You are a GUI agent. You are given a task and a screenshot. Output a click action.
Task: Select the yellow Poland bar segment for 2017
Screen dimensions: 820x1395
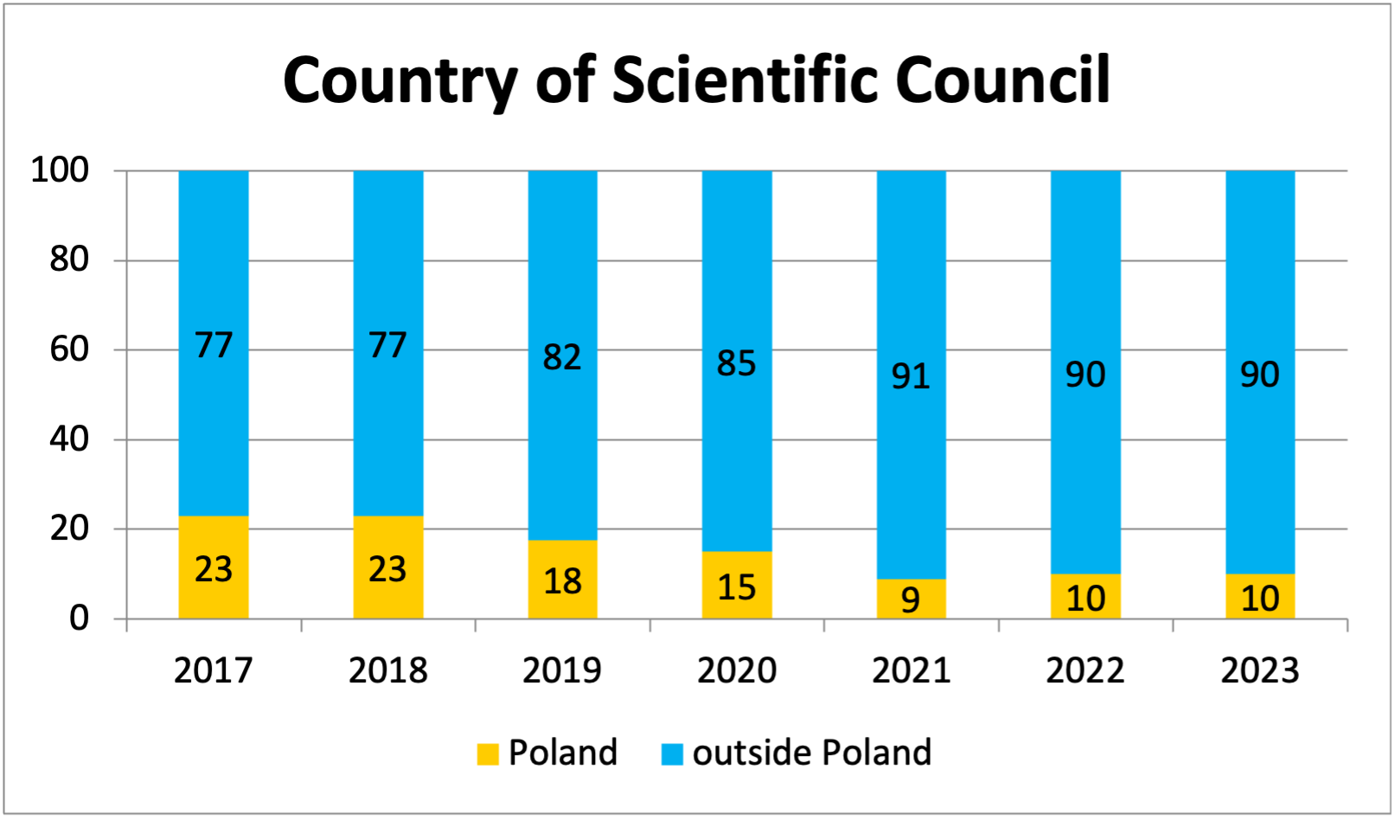click(214, 545)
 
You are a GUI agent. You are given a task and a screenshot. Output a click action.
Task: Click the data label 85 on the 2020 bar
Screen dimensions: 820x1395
click(736, 363)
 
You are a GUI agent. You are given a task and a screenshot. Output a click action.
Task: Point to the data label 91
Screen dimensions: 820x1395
click(911, 376)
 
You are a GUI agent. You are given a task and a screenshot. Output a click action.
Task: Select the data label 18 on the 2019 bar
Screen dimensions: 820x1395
click(562, 581)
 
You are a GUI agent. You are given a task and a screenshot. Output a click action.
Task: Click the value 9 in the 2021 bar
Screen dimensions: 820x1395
click(911, 599)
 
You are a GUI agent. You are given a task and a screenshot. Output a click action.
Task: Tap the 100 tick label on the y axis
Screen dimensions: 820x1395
click(60, 170)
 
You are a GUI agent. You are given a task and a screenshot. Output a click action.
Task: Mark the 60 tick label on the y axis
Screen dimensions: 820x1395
click(69, 349)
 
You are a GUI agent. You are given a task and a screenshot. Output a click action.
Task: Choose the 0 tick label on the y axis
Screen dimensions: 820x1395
click(79, 618)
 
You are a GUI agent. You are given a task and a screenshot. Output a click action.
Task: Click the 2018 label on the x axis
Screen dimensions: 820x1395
click(387, 671)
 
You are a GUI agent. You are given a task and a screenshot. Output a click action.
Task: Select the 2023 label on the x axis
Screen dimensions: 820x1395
click(1259, 671)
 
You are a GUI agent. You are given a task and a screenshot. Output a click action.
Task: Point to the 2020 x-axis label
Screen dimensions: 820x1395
click(736, 671)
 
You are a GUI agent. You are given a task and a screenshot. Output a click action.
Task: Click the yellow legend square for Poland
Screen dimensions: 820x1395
click(488, 754)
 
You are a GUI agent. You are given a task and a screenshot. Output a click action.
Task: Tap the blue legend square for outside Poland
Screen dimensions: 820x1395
click(672, 754)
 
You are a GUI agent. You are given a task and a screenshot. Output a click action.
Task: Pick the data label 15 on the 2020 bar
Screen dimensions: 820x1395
click(736, 587)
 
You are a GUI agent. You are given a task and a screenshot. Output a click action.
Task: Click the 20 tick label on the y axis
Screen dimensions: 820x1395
click(69, 529)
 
